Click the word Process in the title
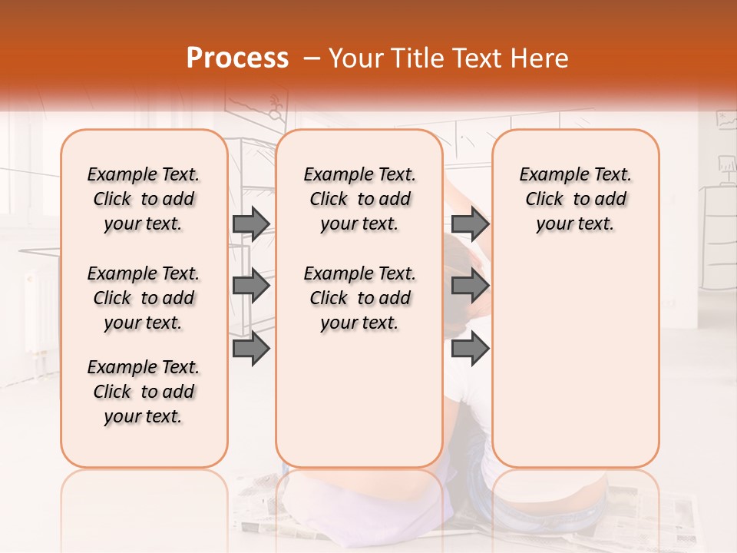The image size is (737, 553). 237,58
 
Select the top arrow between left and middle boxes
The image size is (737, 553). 251,224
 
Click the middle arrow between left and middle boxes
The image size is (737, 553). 251,286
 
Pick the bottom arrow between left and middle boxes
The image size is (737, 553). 251,348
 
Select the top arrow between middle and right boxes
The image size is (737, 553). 471,224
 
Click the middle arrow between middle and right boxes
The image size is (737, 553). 471,286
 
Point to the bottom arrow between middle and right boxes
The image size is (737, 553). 471,348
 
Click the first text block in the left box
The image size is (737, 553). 144,199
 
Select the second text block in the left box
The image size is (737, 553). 144,298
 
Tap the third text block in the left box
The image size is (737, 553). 144,392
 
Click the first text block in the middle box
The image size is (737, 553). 359,199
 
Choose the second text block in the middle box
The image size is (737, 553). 359,298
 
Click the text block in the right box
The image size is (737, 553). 576,199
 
